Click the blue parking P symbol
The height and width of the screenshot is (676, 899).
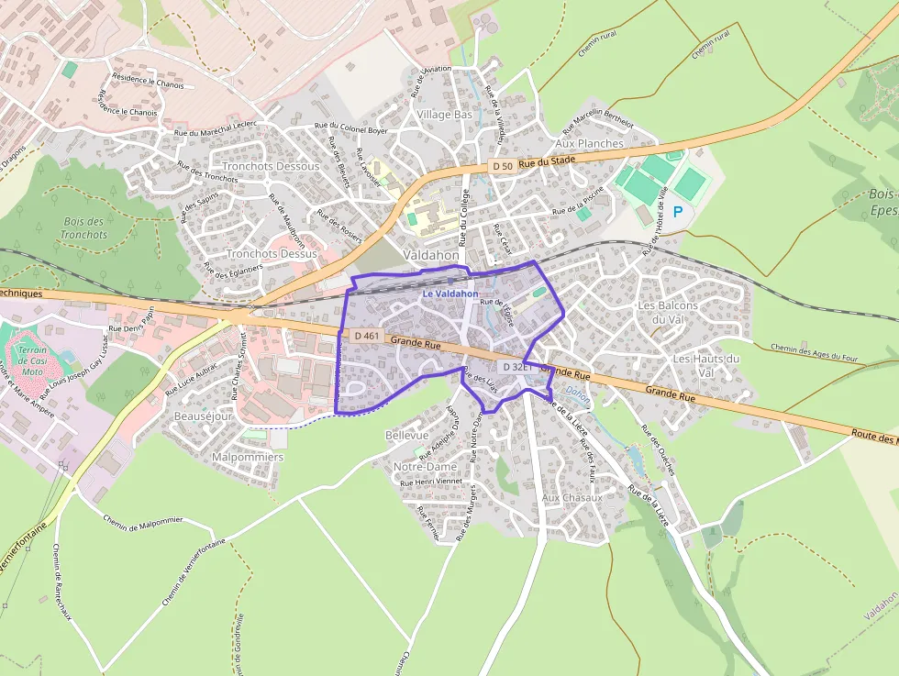tap(678, 212)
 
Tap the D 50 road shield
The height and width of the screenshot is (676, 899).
tap(502, 166)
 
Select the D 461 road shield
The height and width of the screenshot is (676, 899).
tap(366, 337)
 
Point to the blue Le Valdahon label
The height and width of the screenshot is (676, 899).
tap(450, 294)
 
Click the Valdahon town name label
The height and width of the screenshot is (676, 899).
tap(431, 255)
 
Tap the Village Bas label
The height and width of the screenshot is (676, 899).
tap(445, 115)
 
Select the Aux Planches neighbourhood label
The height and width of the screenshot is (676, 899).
tap(590, 144)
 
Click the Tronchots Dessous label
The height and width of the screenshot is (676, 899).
tap(271, 166)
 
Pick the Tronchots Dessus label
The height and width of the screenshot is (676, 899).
tap(272, 253)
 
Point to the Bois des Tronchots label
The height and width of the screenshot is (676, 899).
tap(84, 227)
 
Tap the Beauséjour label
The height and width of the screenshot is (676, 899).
tap(202, 416)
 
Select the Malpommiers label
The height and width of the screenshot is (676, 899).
tap(248, 457)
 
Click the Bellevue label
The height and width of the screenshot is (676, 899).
tap(407, 434)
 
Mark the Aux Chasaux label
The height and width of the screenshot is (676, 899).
tap(572, 497)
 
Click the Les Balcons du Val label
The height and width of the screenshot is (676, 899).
tap(668, 312)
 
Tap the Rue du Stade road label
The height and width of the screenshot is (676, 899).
tap(547, 161)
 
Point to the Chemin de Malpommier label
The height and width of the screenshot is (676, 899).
tap(143, 525)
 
